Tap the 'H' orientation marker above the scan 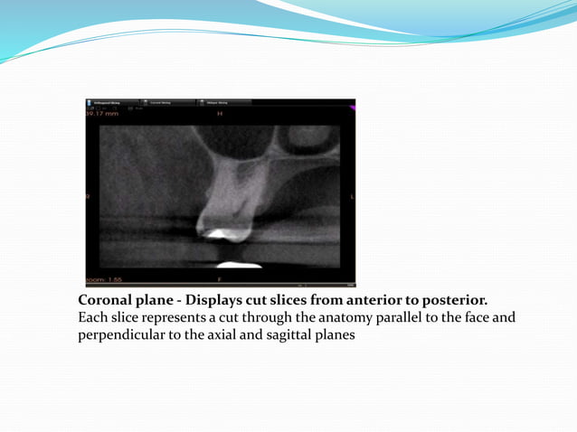click(x=219, y=115)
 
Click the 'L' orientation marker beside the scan click(x=352, y=197)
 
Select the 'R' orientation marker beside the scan click(x=88, y=197)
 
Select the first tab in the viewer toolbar click(x=110, y=103)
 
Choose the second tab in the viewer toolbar click(x=167, y=103)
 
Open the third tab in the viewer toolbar click(x=224, y=103)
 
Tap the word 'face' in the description click(x=471, y=317)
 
